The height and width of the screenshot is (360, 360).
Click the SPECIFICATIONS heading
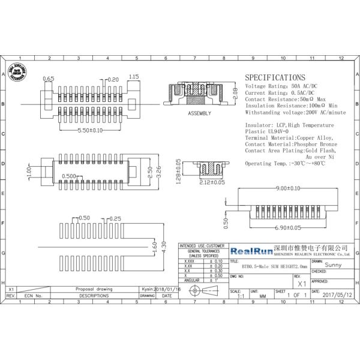point(275,78)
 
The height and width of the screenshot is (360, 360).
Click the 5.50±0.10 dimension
point(83,130)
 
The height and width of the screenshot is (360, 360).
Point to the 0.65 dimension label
point(49,79)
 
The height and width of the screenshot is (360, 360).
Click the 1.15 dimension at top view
point(134,77)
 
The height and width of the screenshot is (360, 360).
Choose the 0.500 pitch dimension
point(69,176)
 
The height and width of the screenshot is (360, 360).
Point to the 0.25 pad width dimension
point(116,218)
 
